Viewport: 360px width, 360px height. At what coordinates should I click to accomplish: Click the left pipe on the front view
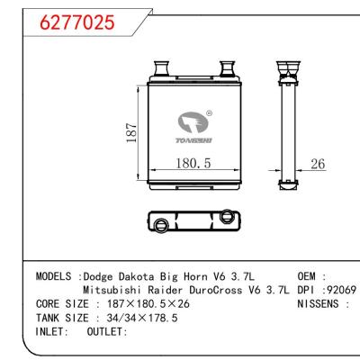pyautogui.click(x=161, y=68)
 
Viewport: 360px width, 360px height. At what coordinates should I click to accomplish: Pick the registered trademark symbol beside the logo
pyautogui.click(x=210, y=113)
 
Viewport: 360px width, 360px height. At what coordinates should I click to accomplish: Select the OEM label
pyautogui.click(x=309, y=275)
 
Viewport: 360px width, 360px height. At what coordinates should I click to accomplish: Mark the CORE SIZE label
pyautogui.click(x=63, y=304)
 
